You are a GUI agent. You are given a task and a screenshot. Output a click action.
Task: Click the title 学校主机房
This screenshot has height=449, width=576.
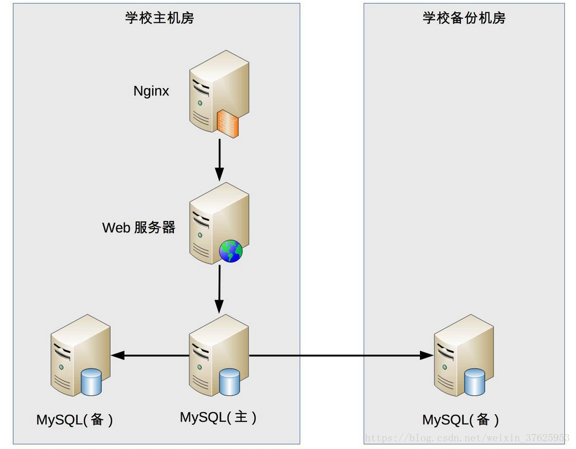(160, 18)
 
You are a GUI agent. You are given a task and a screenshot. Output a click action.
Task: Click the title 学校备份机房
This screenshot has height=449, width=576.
(464, 18)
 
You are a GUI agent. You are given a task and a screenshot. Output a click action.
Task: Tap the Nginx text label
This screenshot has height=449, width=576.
(151, 91)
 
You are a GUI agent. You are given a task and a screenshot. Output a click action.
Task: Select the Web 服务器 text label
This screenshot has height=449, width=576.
(139, 228)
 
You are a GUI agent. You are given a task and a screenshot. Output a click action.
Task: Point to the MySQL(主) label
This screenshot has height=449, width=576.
(218, 417)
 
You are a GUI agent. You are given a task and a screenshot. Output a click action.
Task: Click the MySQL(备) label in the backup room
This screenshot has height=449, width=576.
(461, 420)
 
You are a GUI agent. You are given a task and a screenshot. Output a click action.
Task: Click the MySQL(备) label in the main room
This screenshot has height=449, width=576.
(75, 420)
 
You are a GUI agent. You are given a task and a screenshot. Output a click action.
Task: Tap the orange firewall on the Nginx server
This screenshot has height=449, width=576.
(228, 123)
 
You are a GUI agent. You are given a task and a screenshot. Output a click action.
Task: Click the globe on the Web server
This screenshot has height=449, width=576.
(231, 251)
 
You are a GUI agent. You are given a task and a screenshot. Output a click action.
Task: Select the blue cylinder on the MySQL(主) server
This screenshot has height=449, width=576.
(230, 382)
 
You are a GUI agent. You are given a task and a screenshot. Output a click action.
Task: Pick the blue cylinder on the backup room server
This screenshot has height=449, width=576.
(475, 382)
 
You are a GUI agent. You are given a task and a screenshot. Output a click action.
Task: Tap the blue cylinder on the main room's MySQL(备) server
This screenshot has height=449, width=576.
(91, 382)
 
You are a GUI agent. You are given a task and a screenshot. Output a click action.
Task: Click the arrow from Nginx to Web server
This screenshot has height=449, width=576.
(219, 159)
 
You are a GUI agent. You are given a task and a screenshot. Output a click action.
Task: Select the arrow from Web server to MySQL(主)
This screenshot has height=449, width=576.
(219, 290)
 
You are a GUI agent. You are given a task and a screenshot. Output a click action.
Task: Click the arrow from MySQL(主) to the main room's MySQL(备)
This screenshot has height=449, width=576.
(150, 355)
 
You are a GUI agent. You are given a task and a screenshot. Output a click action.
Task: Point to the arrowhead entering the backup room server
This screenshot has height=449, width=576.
(427, 355)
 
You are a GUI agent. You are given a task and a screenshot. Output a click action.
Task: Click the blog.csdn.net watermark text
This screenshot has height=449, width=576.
(466, 438)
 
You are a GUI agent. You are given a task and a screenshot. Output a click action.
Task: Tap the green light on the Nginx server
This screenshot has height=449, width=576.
(200, 103)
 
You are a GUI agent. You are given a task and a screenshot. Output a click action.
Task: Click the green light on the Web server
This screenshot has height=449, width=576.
(200, 235)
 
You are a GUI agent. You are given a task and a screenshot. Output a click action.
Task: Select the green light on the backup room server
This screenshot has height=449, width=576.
(445, 367)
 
